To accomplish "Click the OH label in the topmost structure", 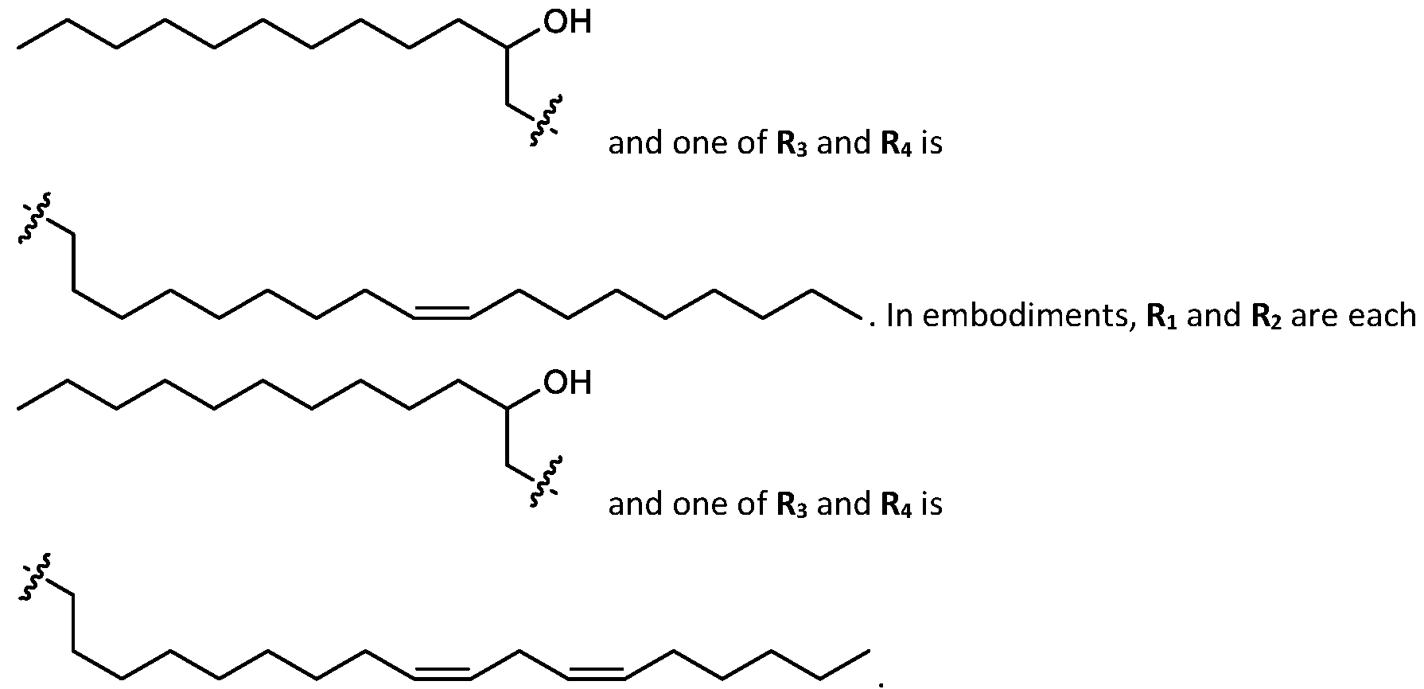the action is coord(568,21).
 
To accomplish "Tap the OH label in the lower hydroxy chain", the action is coord(568,383).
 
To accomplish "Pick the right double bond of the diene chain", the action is coord(595,673).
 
